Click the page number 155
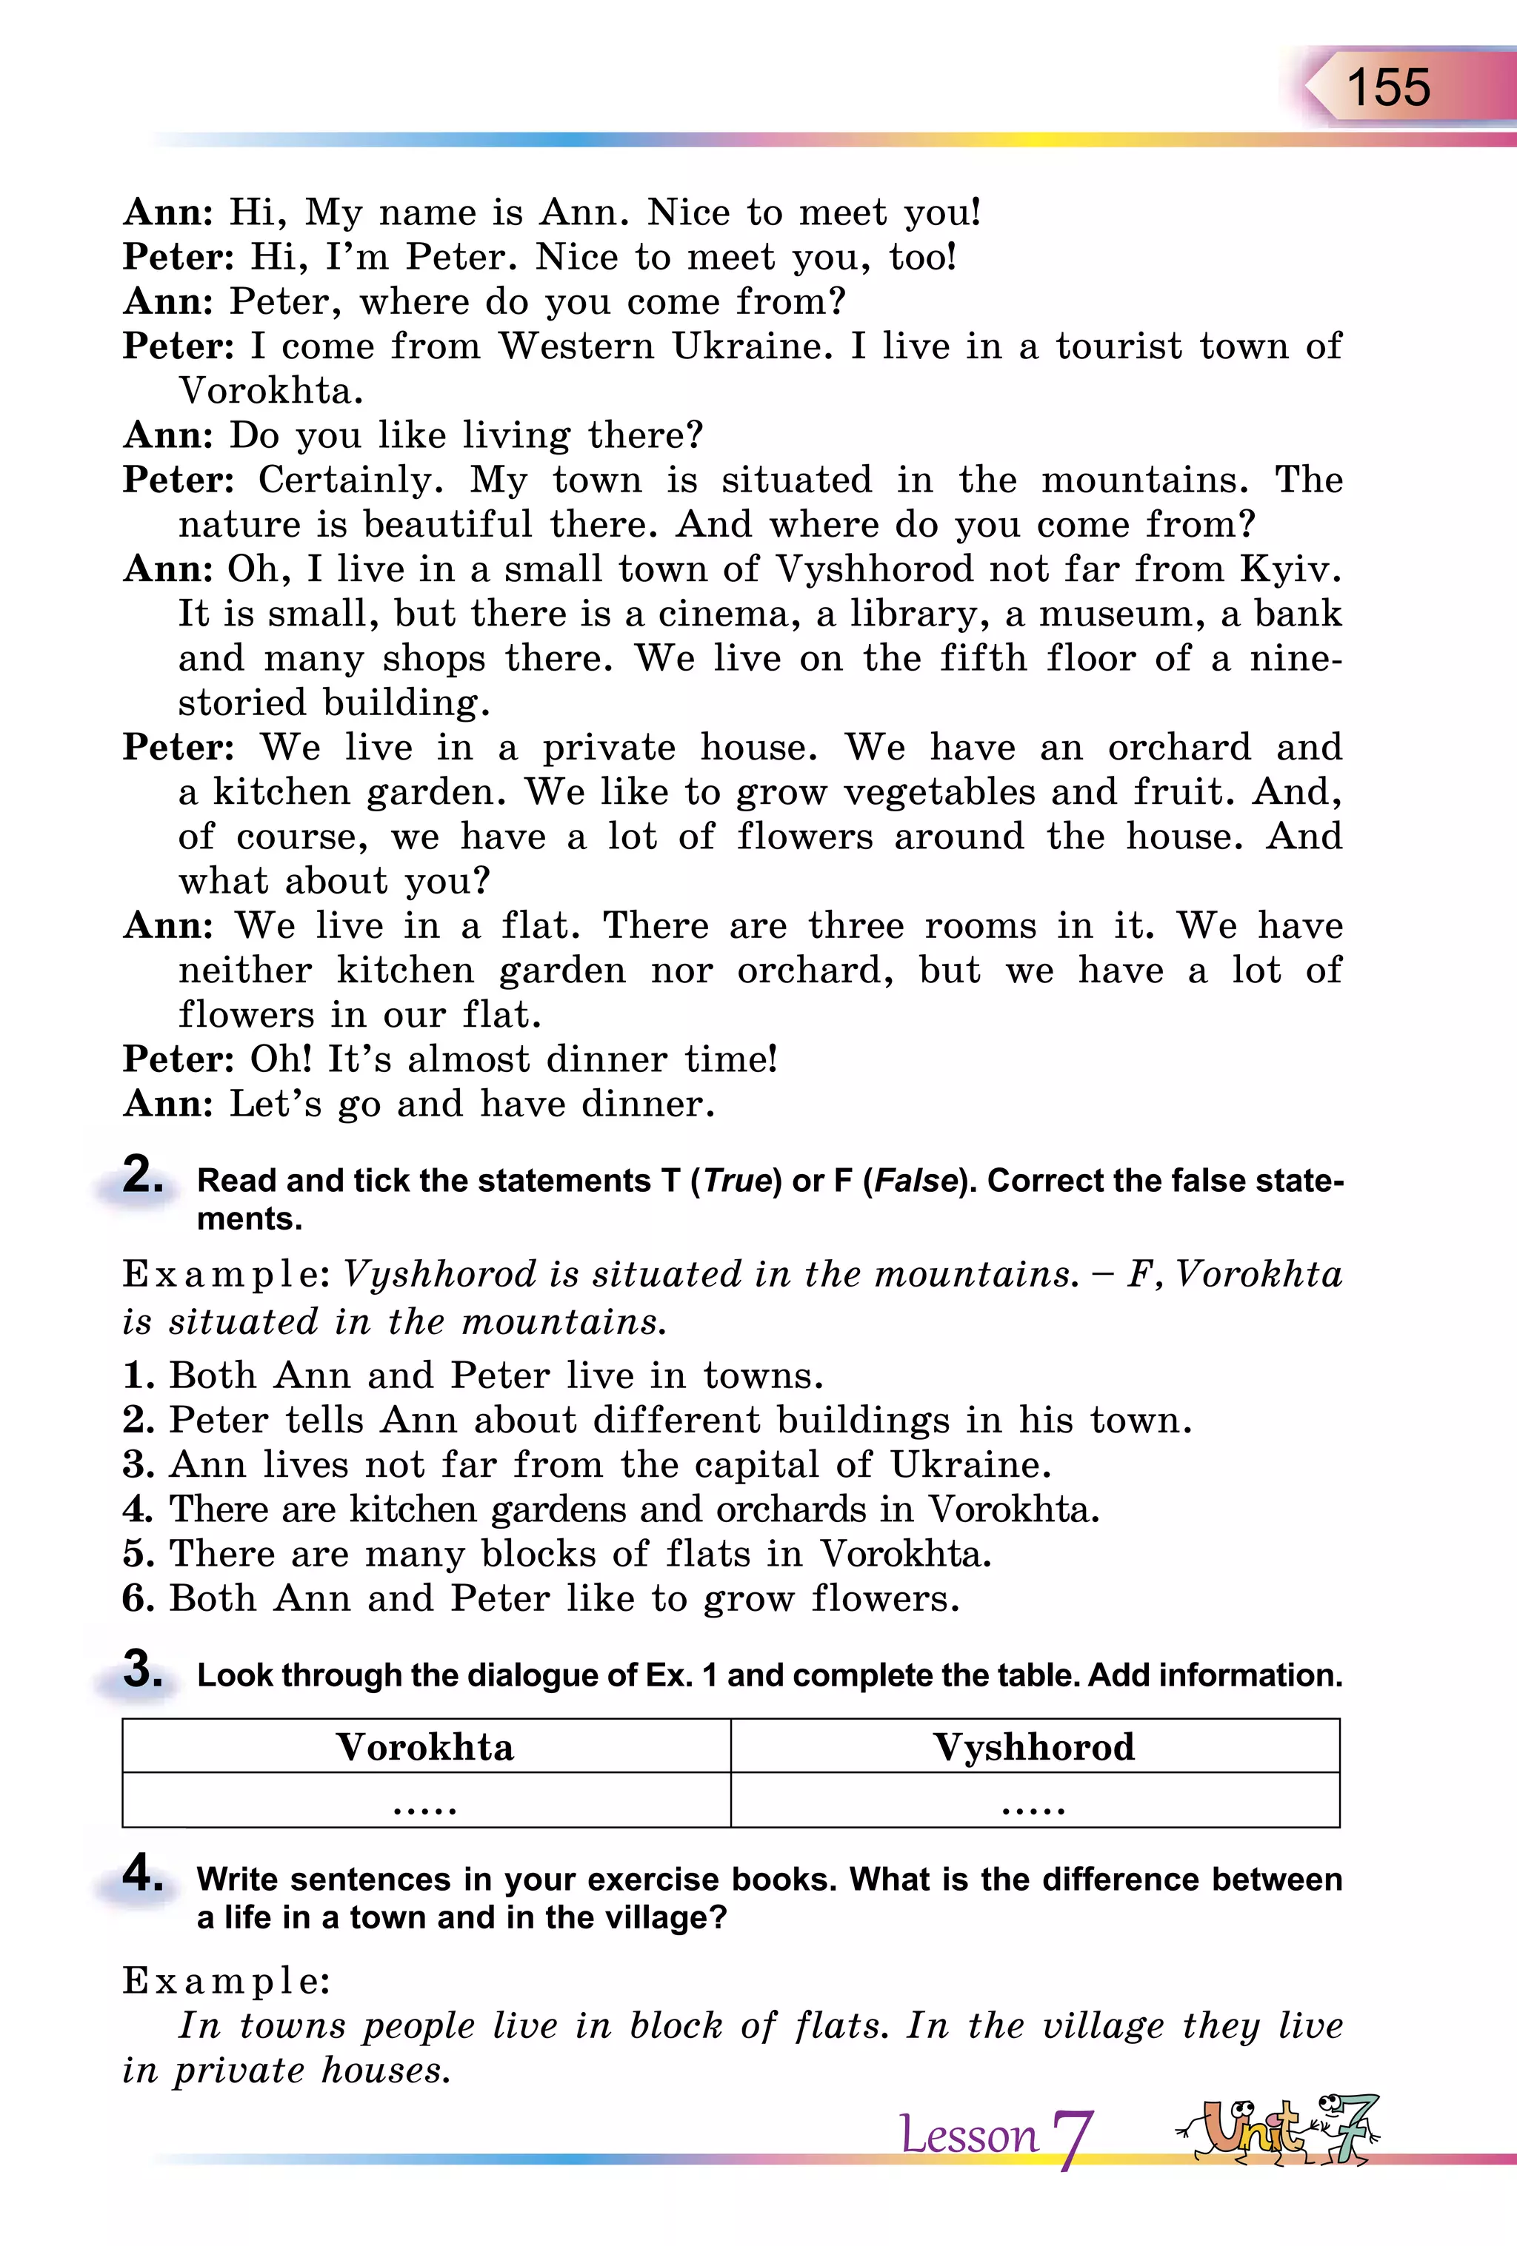tap(1387, 88)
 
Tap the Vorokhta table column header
tap(425, 1747)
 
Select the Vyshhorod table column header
tap(1033, 1747)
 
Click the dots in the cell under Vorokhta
tap(425, 1806)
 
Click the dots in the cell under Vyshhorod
tap(1033, 1806)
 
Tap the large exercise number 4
tap(142, 1873)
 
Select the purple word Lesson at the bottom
tap(968, 2135)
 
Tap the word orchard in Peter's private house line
tap(1178, 747)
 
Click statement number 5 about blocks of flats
tap(557, 1554)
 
